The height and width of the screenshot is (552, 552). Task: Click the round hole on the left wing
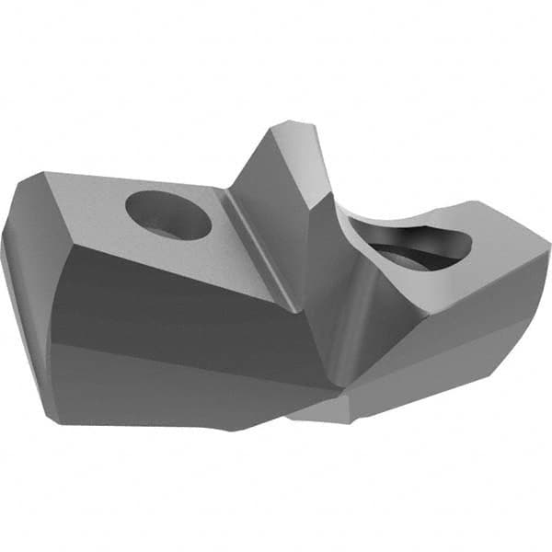(168, 214)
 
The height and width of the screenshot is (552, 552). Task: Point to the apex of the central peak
(293, 126)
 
